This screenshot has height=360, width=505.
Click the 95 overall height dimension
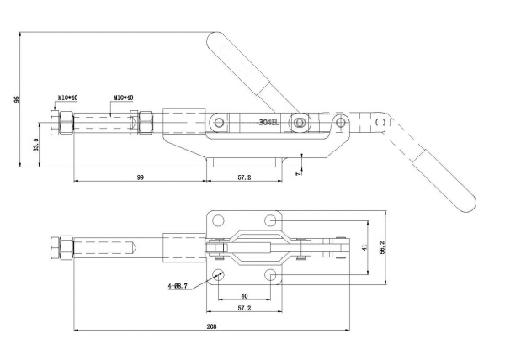(x=17, y=99)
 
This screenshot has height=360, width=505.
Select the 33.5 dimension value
(x=35, y=145)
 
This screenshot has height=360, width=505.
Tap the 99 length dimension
(x=140, y=177)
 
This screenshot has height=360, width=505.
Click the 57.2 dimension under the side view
(x=244, y=177)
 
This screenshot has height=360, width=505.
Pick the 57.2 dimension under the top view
(x=244, y=308)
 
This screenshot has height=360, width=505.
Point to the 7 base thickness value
(x=298, y=173)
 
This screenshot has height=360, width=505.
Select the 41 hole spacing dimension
(x=364, y=248)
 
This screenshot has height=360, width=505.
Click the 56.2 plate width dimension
(x=382, y=248)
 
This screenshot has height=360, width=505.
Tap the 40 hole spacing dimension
(x=244, y=296)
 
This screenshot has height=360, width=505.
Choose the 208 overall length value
(x=211, y=326)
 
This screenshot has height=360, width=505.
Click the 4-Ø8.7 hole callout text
(x=178, y=286)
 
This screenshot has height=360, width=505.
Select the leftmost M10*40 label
(x=67, y=98)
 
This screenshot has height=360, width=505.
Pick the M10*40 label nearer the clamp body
(x=124, y=98)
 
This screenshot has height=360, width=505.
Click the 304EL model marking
(x=268, y=123)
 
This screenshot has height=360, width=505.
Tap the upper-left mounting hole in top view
(x=218, y=220)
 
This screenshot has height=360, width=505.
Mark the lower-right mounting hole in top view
(x=271, y=275)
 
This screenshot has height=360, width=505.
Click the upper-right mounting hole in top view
(x=271, y=220)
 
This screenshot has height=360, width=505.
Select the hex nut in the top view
(x=61, y=247)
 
